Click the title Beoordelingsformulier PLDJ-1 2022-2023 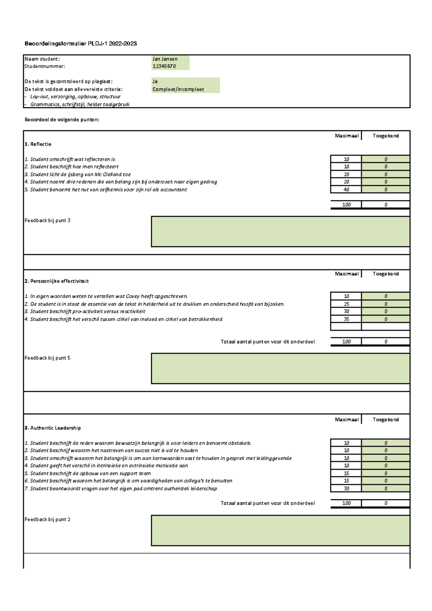coord(81,44)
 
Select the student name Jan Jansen coord(165,59)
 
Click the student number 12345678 coord(164,66)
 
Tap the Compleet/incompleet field coord(178,89)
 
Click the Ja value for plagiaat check coord(155,81)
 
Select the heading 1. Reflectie coord(38,144)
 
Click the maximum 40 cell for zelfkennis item coord(346,189)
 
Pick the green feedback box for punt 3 coord(280,232)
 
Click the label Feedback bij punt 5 coord(48,358)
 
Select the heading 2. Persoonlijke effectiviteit coord(57,281)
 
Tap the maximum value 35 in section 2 coord(346,319)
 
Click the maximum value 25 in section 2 coord(346,304)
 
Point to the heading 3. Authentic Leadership coord(53,428)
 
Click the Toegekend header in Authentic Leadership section coord(386,420)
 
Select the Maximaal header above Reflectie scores coord(346,136)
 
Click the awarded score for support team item coord(386,473)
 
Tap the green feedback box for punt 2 coord(280,530)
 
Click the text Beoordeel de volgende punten coord(62,120)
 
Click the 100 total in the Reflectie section coord(346,205)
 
